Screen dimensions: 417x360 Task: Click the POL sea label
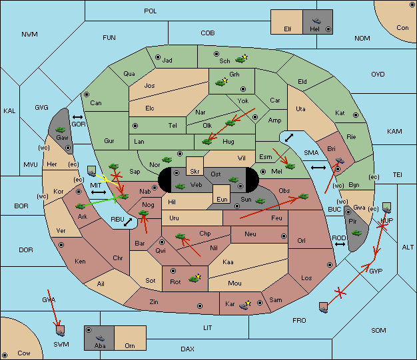[151, 11]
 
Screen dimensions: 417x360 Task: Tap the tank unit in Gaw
[61, 130]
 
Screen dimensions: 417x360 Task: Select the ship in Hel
[316, 21]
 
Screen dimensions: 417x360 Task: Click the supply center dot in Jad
[158, 57]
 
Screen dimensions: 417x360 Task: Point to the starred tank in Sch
[241, 59]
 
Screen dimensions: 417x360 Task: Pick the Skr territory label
[195, 172]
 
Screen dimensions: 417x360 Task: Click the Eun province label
[222, 199]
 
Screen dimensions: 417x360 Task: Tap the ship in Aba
[101, 338]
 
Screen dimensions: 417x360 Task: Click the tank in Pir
[356, 233]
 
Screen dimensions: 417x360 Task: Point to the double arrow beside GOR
[78, 117]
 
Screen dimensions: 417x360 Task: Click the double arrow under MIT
[99, 192]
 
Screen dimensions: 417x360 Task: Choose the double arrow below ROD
[340, 244]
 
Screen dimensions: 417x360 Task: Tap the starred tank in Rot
[195, 278]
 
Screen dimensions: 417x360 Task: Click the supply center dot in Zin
[200, 306]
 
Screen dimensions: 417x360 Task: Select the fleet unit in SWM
[61, 331]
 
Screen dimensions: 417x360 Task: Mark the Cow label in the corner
[24, 353]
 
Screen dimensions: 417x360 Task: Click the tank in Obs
[303, 196]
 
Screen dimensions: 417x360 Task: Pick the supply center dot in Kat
[356, 115]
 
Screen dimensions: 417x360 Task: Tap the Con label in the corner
[402, 28]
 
